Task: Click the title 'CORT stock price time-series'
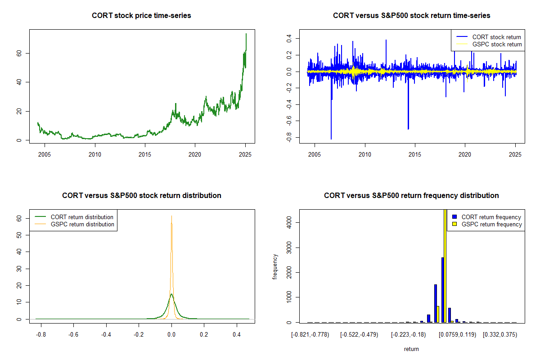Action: [x=141, y=16]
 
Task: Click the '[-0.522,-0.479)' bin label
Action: [x=359, y=335]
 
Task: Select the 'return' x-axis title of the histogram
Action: [x=411, y=349]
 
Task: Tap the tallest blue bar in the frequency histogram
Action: [x=443, y=290]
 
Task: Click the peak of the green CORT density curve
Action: [x=171, y=295]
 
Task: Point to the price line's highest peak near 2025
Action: [x=246, y=34]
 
